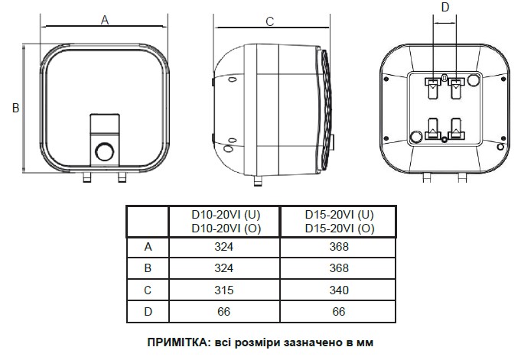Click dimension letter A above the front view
(106, 21)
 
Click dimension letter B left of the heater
(15, 109)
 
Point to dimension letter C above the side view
(269, 21)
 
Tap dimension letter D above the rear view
(447, 8)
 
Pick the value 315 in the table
(224, 290)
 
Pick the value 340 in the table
(338, 290)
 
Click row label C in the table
(148, 290)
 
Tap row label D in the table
(148, 311)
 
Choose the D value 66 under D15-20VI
(338, 311)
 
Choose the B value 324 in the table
(224, 268)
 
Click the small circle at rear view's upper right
(473, 79)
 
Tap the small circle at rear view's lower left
(416, 137)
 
